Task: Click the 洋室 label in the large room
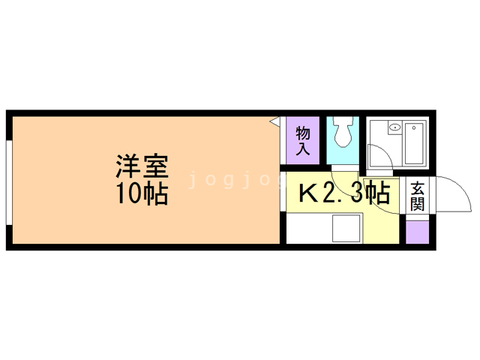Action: (x=141, y=165)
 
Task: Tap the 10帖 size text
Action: (x=141, y=193)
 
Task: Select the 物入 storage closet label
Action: (x=303, y=141)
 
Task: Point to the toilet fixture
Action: (x=343, y=133)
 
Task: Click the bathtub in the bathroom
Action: (x=414, y=143)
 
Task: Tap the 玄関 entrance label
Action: (x=418, y=196)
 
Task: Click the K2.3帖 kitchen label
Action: (x=344, y=193)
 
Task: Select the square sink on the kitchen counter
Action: (x=346, y=228)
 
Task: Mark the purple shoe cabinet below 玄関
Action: (x=418, y=231)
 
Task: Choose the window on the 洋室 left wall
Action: (x=8, y=180)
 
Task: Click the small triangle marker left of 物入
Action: (x=275, y=120)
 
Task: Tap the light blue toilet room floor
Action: (x=343, y=157)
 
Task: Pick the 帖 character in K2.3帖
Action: (x=379, y=193)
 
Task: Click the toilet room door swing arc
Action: (x=341, y=184)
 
